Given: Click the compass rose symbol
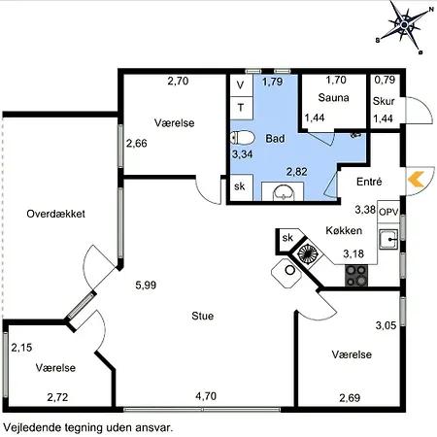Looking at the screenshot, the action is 405,25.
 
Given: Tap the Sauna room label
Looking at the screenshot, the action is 333,98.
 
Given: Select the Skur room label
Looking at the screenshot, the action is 384,101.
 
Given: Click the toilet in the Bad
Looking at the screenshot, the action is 243,138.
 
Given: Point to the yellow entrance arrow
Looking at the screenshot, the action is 416,180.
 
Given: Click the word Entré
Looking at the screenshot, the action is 369,182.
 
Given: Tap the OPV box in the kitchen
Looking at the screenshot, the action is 388,212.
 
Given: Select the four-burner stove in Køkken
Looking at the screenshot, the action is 356,276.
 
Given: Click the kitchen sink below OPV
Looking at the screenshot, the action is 388,239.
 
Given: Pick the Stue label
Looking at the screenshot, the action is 203,316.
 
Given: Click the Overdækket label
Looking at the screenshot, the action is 55,214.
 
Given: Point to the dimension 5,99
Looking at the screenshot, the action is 146,285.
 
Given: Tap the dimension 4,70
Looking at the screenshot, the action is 206,396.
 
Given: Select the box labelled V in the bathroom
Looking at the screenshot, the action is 241,85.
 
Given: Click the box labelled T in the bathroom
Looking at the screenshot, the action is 241,108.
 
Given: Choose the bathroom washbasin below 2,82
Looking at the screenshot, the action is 284,192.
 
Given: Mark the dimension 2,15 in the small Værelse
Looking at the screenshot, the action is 21,348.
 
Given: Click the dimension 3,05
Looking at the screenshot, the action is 386,325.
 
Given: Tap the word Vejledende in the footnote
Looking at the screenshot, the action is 32,427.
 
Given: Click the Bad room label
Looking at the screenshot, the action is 275,139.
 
